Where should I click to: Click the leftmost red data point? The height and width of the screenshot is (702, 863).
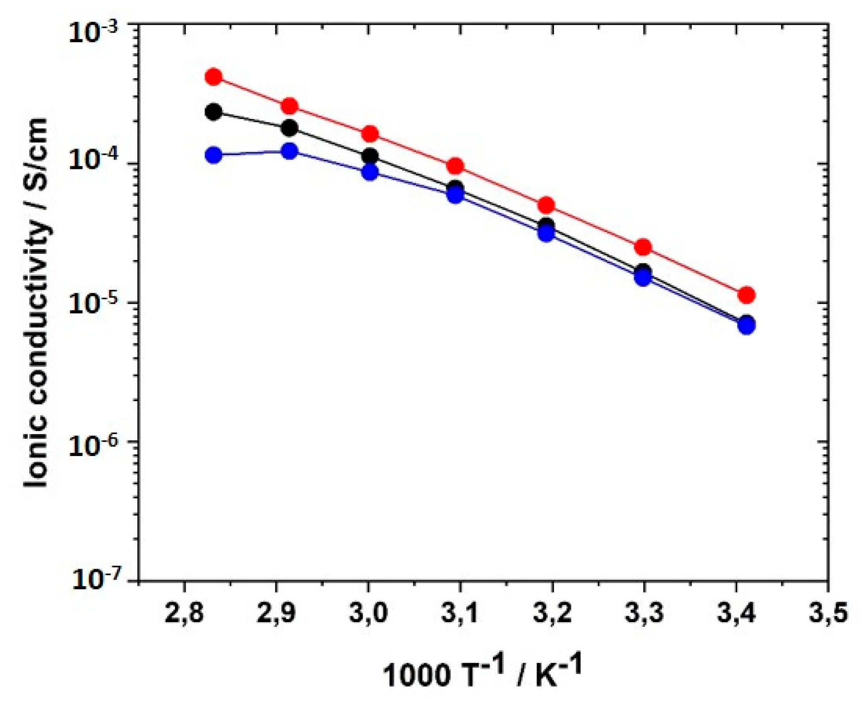(x=213, y=76)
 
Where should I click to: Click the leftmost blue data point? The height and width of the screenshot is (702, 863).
(x=213, y=155)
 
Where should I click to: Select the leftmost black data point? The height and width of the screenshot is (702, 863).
(x=213, y=111)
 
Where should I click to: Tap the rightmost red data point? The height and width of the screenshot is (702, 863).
(x=746, y=295)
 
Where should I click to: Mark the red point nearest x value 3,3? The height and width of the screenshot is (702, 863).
(x=643, y=247)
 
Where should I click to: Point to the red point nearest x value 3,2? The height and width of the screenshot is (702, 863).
(x=546, y=205)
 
